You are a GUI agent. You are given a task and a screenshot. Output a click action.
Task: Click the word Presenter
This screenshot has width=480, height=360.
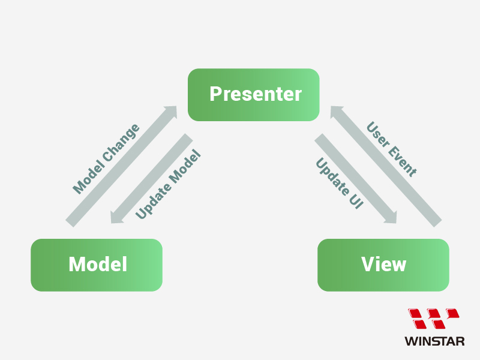255,94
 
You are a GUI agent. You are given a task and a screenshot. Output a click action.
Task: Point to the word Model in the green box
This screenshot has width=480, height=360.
97,265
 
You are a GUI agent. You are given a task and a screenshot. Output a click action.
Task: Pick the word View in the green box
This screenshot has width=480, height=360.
383,265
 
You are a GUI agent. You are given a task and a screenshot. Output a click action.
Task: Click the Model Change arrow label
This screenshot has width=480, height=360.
106,159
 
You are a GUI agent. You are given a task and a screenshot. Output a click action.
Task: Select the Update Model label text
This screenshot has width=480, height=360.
167,184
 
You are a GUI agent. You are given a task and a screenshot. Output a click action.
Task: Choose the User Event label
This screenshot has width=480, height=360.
391,149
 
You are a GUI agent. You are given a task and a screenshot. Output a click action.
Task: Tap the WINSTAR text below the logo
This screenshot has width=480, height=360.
434,341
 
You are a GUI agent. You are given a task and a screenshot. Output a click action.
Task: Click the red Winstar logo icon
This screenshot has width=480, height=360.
434,319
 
